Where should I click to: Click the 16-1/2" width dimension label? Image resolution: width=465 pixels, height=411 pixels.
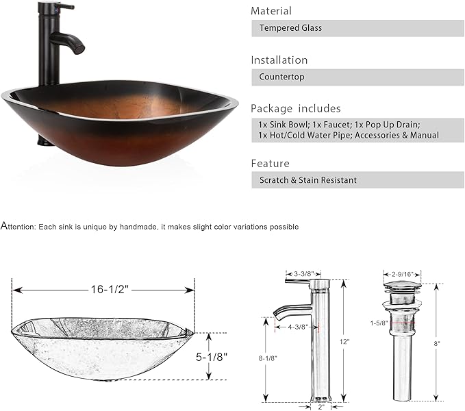[110, 289]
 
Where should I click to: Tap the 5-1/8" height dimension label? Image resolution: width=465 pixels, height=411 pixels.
[212, 357]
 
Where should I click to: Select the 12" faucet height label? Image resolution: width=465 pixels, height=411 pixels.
[344, 342]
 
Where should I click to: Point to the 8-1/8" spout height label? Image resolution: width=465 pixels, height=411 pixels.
[268, 358]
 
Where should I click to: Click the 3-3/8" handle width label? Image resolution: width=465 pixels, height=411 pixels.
[304, 274]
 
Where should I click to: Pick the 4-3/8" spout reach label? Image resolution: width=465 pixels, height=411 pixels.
[298, 327]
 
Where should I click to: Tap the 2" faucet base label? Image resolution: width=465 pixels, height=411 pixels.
[321, 407]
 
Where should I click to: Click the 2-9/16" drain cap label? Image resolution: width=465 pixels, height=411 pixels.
[403, 274]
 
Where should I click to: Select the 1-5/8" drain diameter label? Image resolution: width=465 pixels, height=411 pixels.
[379, 323]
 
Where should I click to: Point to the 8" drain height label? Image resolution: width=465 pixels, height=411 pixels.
[437, 343]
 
